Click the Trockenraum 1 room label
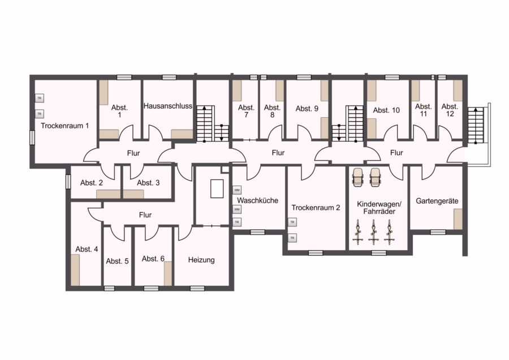(x=64, y=126)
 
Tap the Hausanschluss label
(x=168, y=106)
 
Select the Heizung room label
(x=201, y=260)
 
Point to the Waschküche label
(x=257, y=200)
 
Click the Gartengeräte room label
(x=437, y=201)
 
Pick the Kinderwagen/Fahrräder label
(x=379, y=208)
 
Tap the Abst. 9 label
(x=307, y=109)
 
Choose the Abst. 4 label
(x=87, y=249)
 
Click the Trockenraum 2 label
(x=316, y=208)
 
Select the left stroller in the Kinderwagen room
(x=358, y=177)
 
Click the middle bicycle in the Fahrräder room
(x=373, y=232)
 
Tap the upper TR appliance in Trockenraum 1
(x=39, y=98)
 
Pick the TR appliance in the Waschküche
(x=237, y=222)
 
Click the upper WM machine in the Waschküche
(x=237, y=190)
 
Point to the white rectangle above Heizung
(x=217, y=188)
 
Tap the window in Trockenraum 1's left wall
(x=32, y=138)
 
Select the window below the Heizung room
(x=197, y=288)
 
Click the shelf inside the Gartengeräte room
(x=458, y=219)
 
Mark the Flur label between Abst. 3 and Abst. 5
(x=145, y=215)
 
